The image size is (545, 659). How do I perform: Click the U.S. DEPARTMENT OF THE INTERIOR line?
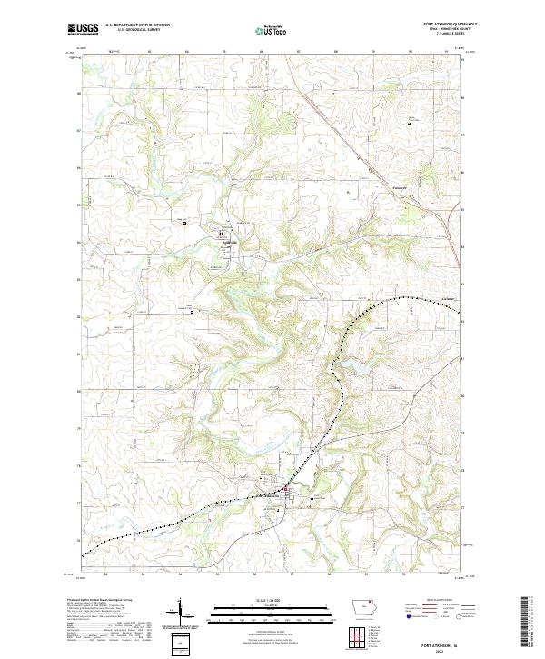click(x=137, y=25)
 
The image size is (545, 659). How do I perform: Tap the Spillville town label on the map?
click(x=230, y=242)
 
